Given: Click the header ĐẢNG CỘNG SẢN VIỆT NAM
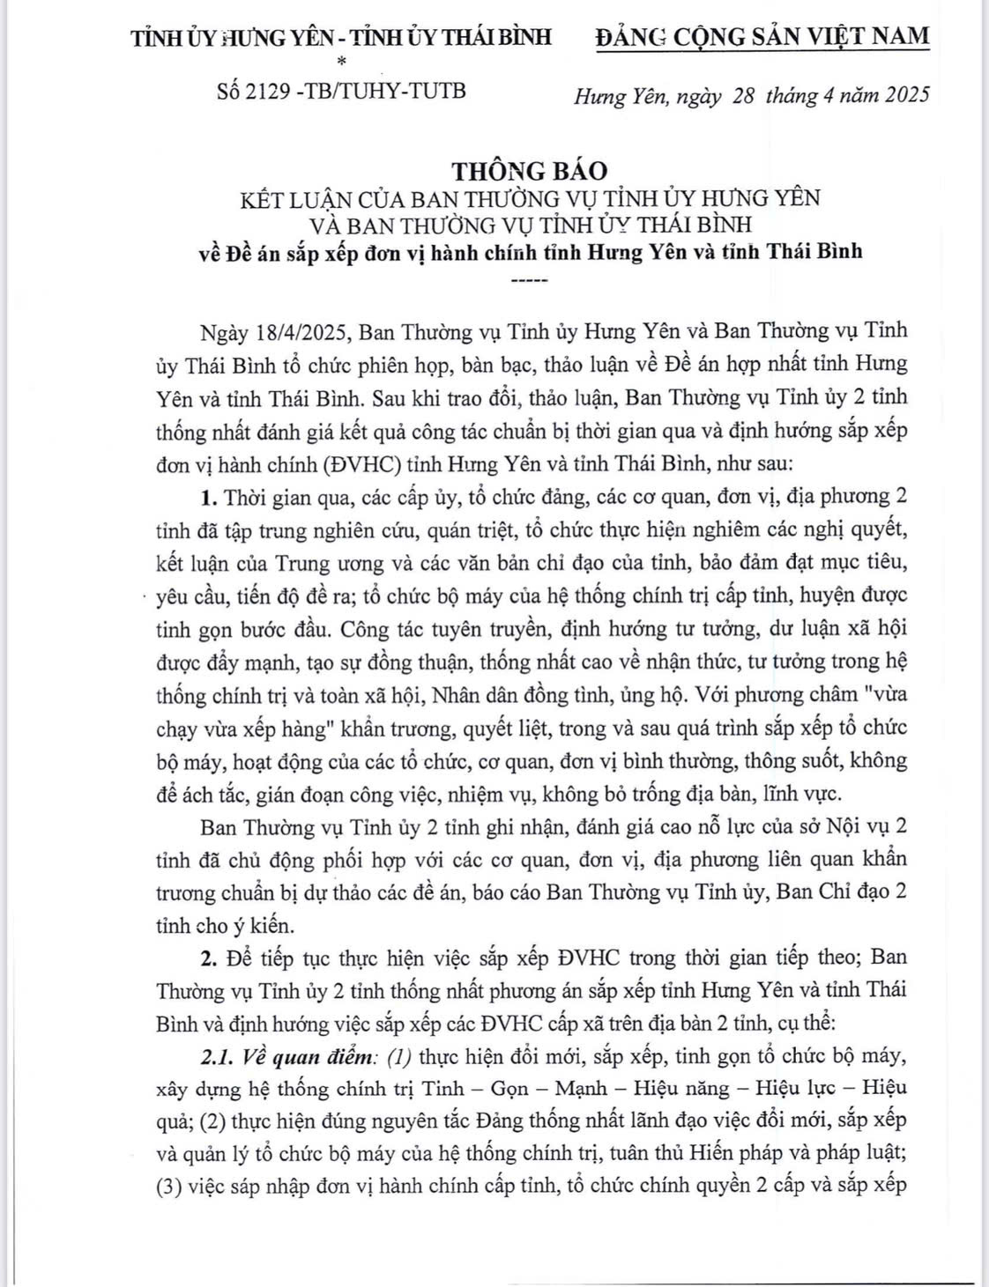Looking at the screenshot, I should (762, 36).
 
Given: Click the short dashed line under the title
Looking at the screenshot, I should (529, 281).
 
